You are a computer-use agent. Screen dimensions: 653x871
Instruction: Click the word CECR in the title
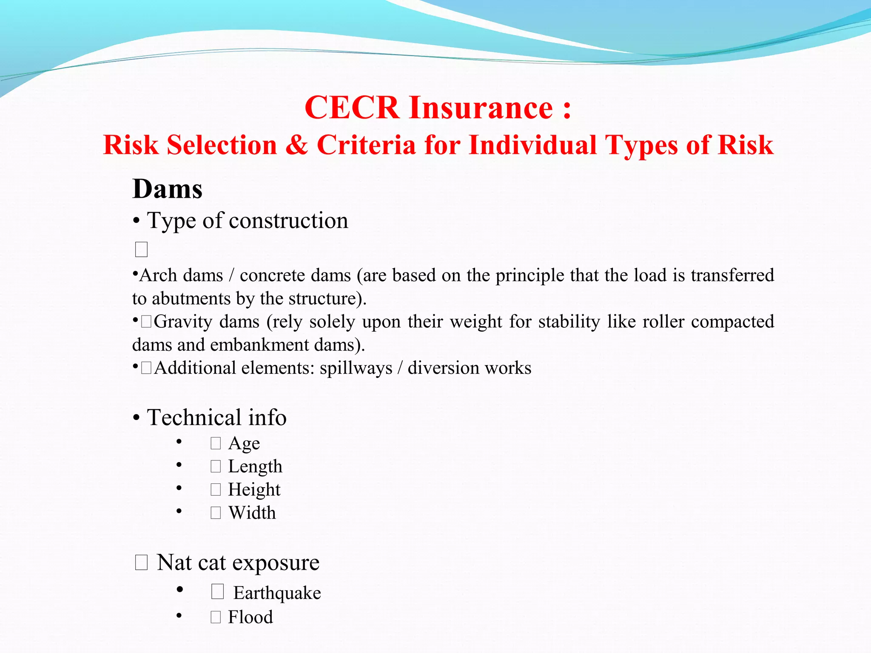351,108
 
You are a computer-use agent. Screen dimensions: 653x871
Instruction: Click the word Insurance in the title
481,108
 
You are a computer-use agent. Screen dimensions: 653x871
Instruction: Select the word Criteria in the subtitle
366,145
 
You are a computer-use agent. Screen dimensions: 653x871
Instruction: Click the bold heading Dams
167,189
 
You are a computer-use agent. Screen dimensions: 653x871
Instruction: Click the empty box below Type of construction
141,250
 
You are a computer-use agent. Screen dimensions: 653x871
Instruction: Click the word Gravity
182,322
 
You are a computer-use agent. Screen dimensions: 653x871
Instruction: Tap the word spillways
356,368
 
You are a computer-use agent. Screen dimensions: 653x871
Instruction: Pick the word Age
244,443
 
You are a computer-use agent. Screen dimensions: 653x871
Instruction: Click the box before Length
216,467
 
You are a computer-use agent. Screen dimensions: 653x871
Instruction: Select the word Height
254,490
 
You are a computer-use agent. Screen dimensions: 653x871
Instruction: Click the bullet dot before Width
179,511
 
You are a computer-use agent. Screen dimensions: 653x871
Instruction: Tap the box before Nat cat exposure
141,562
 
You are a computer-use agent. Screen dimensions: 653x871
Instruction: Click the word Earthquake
277,593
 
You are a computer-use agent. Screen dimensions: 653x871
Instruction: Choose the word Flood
250,617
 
